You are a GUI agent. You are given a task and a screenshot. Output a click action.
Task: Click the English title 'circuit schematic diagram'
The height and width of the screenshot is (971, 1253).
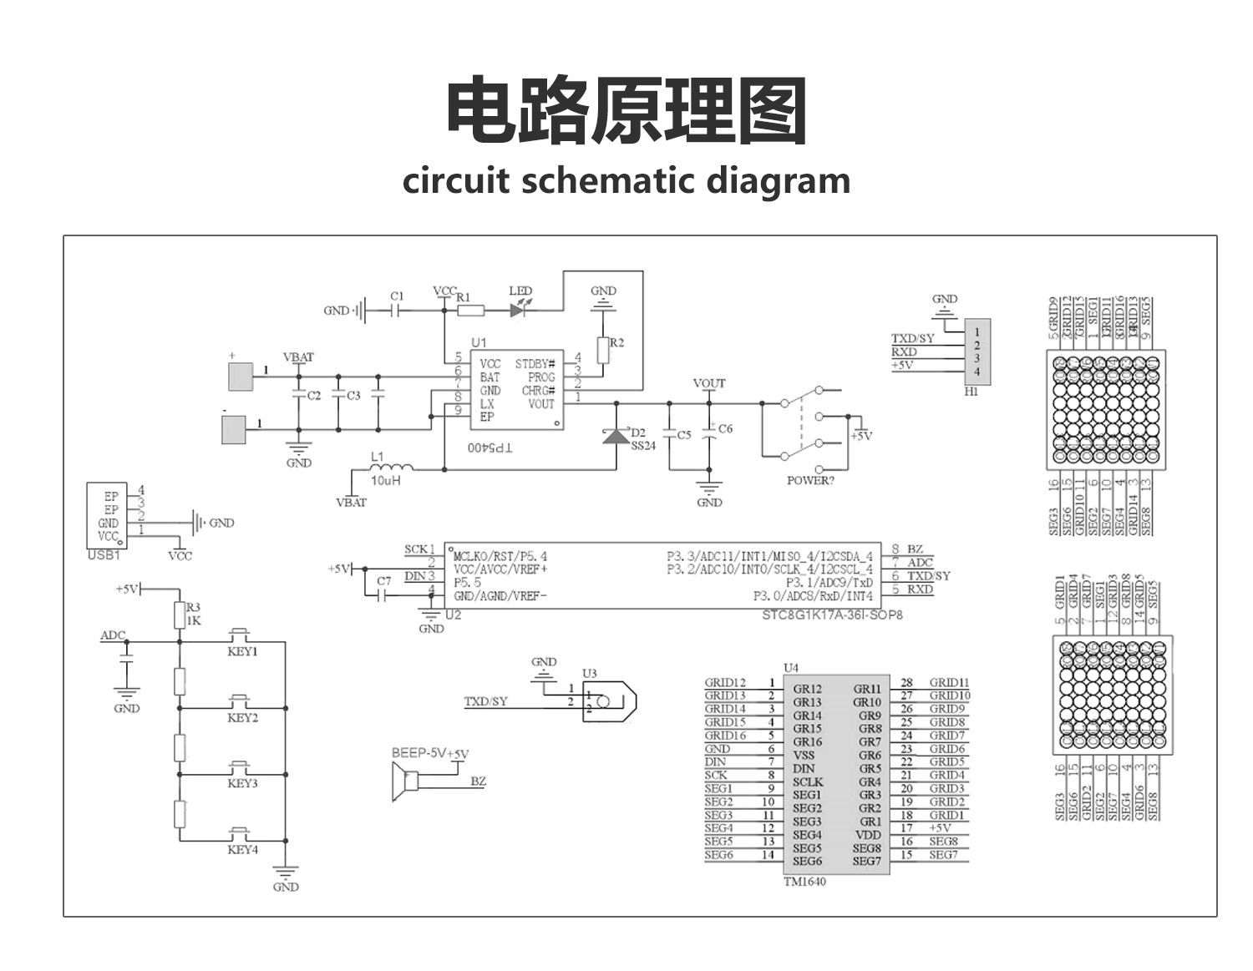[x=626, y=180]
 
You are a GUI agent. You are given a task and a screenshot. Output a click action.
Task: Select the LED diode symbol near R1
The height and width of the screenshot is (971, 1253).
[x=519, y=310]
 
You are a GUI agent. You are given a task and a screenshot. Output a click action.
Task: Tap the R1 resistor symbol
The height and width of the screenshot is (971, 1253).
[x=471, y=311]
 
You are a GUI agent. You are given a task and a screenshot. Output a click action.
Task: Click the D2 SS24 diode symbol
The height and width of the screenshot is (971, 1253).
[x=616, y=435]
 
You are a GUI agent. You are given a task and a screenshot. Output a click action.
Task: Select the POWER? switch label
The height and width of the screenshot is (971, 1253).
[x=809, y=481]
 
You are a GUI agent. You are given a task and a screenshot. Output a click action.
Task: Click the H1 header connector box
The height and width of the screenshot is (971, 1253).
[x=977, y=351]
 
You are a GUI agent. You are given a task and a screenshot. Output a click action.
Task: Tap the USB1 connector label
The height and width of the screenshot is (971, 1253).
[x=104, y=555]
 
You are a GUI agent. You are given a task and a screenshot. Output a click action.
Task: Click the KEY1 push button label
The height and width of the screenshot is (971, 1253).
[x=242, y=652]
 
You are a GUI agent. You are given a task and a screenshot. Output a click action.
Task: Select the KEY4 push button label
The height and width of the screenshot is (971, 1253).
[x=242, y=850]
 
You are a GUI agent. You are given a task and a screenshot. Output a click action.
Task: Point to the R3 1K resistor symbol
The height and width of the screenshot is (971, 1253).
[x=179, y=615]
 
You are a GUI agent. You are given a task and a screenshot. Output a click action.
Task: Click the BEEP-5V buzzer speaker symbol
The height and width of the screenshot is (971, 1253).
[x=405, y=781]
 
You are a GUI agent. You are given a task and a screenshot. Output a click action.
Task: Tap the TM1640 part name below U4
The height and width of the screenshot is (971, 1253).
[x=804, y=882]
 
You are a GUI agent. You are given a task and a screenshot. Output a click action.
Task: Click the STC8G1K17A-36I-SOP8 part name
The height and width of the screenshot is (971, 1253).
[x=832, y=614]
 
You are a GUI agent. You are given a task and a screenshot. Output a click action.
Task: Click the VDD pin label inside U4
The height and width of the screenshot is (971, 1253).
[x=868, y=835]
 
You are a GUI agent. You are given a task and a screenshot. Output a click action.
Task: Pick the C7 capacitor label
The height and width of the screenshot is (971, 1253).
[x=383, y=580]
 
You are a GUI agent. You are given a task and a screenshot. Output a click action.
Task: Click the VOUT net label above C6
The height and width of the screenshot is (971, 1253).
[x=709, y=383]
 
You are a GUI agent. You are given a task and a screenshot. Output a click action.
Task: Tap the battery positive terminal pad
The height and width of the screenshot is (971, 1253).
[x=241, y=377]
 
